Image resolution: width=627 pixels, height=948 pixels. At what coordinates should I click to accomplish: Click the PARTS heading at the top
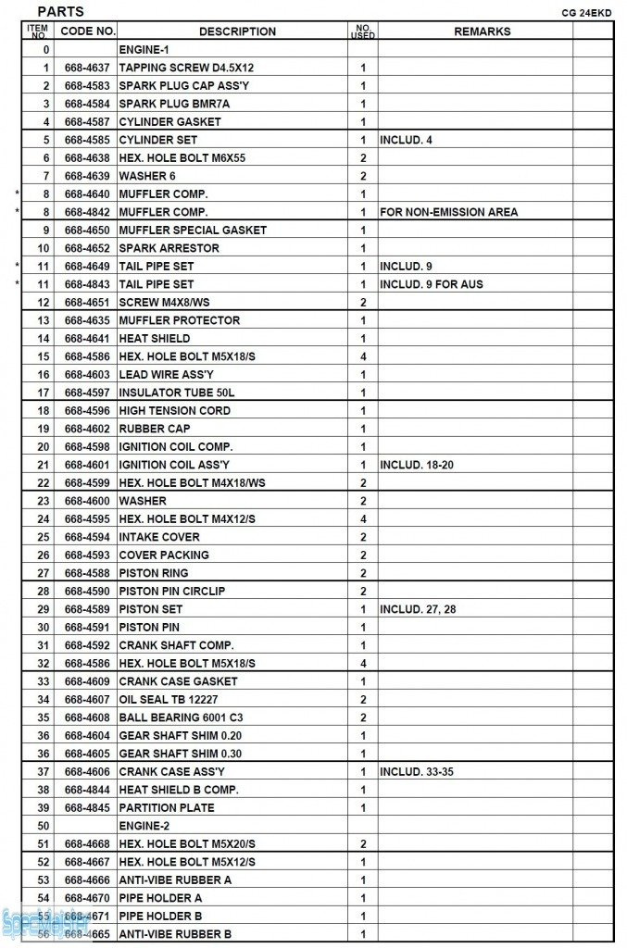[x=60, y=11]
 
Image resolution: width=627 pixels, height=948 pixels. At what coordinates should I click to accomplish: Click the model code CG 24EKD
[x=589, y=14]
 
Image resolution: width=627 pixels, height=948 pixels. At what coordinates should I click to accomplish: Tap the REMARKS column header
[x=482, y=31]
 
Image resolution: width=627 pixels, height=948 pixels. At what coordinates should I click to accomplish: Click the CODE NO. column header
[x=87, y=31]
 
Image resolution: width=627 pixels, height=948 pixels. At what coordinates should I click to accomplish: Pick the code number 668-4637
[x=87, y=68]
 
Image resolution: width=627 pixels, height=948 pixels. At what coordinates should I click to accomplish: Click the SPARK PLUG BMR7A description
[x=174, y=104]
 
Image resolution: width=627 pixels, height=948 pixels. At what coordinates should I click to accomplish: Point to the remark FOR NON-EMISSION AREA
[x=448, y=212]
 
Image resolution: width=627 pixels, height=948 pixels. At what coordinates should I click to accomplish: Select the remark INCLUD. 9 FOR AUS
[x=431, y=284]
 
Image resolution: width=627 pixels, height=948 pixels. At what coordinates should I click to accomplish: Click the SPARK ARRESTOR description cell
[x=169, y=248]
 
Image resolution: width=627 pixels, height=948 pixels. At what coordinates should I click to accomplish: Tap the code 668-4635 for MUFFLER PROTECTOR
[x=87, y=320]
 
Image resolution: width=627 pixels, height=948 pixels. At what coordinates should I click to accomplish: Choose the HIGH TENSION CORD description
[x=174, y=410]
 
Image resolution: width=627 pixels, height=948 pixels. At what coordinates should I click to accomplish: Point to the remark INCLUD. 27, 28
[x=416, y=609]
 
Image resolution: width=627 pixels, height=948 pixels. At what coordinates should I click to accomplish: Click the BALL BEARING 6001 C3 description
[x=181, y=717]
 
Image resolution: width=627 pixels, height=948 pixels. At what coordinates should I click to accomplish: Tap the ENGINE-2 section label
[x=144, y=826]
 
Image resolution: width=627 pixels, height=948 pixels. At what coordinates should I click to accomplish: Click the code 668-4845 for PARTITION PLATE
[x=87, y=807]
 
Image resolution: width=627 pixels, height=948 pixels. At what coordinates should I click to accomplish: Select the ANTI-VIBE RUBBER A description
[x=175, y=879]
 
